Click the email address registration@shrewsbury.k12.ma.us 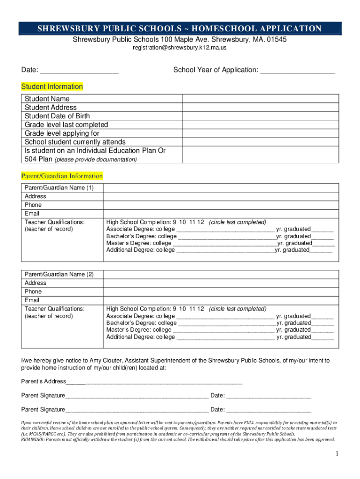pyautogui.click(x=180, y=48)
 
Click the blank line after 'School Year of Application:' pyautogui.click(x=297, y=71)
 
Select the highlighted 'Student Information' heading pyautogui.click(x=52, y=87)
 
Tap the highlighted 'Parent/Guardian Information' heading pyautogui.click(x=62, y=176)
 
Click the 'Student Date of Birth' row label pyautogui.click(x=57, y=116)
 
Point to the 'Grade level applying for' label pyautogui.click(x=62, y=133)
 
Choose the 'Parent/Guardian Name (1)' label pyautogui.click(x=59, y=188)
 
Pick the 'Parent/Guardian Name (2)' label pyautogui.click(x=59, y=274)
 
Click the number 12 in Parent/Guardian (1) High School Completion pyautogui.click(x=201, y=222)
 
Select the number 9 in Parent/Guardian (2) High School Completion pyautogui.click(x=175, y=309)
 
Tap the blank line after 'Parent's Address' pyautogui.click(x=154, y=382)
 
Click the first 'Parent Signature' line pyautogui.click(x=137, y=396)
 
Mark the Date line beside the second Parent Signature pyautogui.click(x=268, y=410)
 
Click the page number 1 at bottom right pyautogui.click(x=336, y=454)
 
